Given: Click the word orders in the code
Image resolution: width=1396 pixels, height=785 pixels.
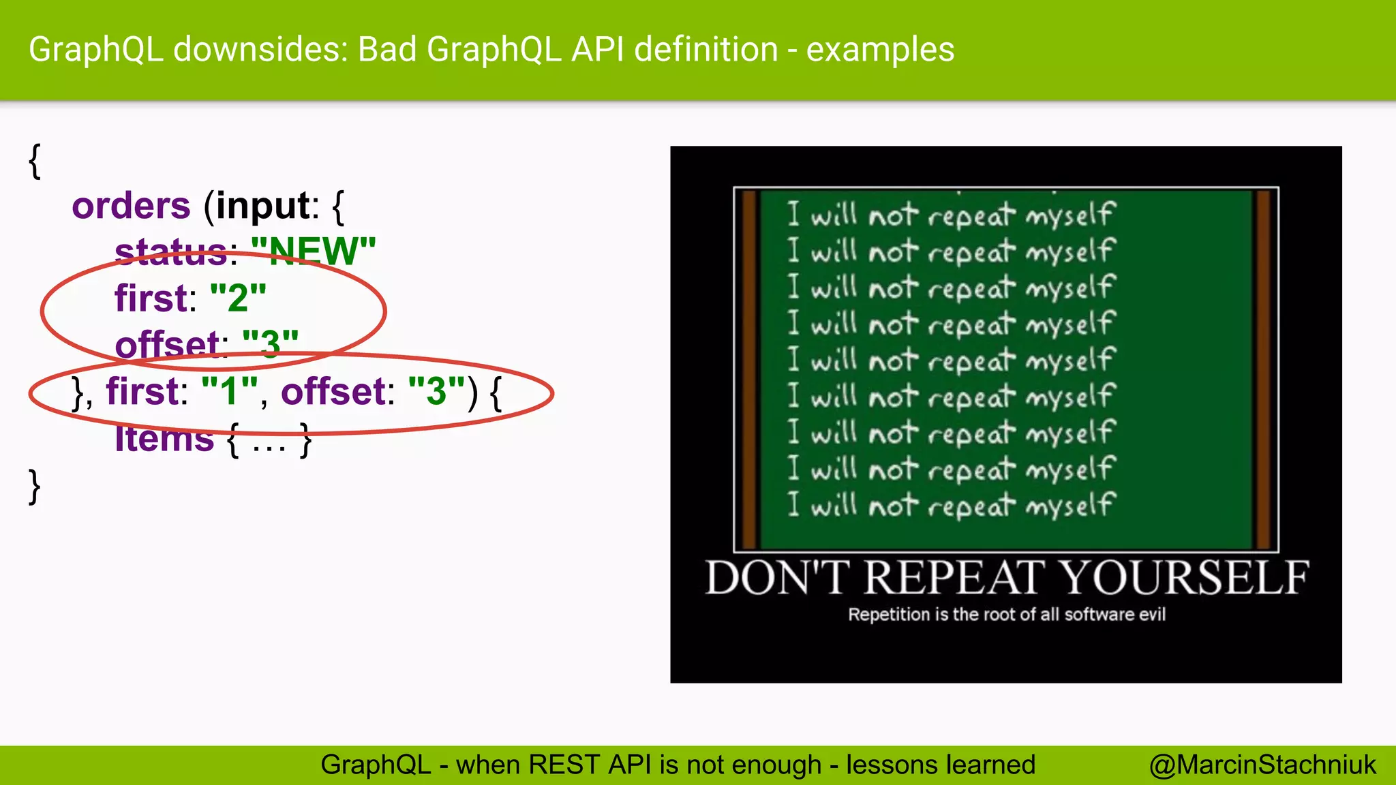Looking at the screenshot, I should coord(131,206).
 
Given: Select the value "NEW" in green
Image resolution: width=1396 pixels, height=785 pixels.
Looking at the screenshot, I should coord(314,252).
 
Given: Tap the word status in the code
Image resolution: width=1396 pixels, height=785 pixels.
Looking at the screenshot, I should coord(170,252).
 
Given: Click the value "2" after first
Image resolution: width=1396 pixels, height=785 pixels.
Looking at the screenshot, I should coord(238,298).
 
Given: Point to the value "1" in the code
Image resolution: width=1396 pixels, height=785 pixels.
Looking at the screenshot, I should coord(230,391).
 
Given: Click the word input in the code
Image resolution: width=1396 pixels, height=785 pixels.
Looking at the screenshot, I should coord(262,206).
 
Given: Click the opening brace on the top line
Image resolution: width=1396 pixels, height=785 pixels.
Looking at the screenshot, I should coord(35,161).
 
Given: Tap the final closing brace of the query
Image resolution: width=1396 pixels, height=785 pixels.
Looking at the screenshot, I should coord(35,487).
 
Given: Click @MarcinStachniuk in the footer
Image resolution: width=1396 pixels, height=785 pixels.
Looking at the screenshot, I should coord(1262,765).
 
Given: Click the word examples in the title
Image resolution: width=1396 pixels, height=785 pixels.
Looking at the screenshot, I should coord(880,50).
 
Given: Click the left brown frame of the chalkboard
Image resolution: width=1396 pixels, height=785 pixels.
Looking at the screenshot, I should coord(749,368).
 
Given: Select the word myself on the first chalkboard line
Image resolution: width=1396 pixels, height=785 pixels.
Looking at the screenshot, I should coord(1070,215).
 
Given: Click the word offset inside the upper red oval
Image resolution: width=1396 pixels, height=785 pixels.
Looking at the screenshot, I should coord(168,345).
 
